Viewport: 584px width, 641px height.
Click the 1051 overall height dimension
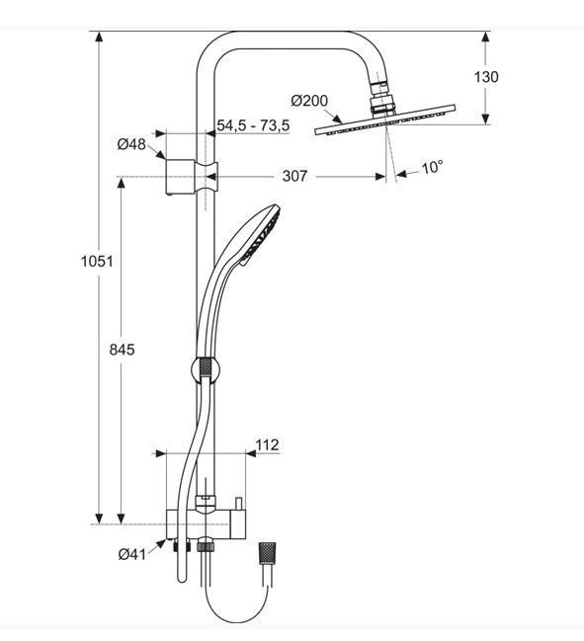(97, 261)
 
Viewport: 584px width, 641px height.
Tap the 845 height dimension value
(122, 350)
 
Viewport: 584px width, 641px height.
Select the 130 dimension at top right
(486, 77)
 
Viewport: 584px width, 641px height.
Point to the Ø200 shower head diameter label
(309, 101)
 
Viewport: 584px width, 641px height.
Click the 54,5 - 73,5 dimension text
(253, 125)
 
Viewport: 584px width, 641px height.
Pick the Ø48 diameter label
(131, 144)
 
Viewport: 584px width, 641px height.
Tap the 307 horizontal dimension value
(294, 176)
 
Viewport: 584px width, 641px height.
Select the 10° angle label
(432, 167)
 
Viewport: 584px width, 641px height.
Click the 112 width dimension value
(267, 444)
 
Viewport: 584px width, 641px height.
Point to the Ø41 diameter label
(131, 554)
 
